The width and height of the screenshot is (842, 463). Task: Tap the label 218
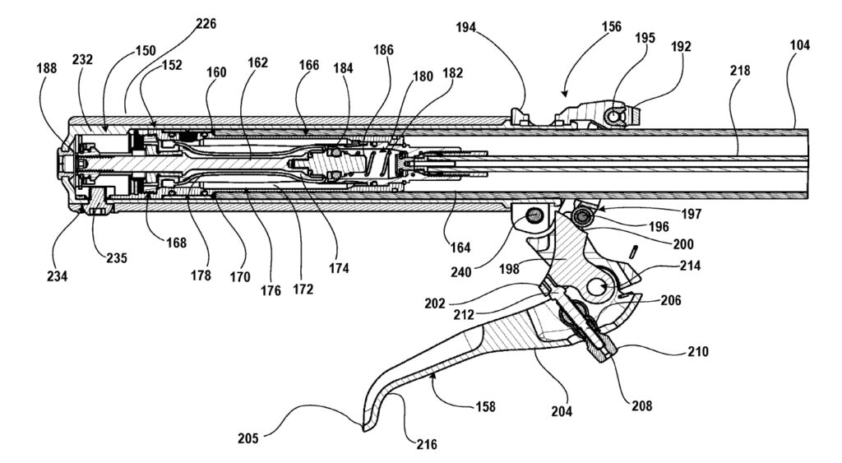[739, 72]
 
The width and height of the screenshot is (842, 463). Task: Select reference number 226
[206, 24]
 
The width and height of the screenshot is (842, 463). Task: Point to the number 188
[46, 69]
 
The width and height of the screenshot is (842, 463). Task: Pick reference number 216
[426, 445]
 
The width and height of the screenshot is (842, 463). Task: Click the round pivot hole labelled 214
[599, 287]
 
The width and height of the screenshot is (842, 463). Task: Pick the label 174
[339, 267]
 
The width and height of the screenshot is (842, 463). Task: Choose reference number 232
[84, 59]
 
